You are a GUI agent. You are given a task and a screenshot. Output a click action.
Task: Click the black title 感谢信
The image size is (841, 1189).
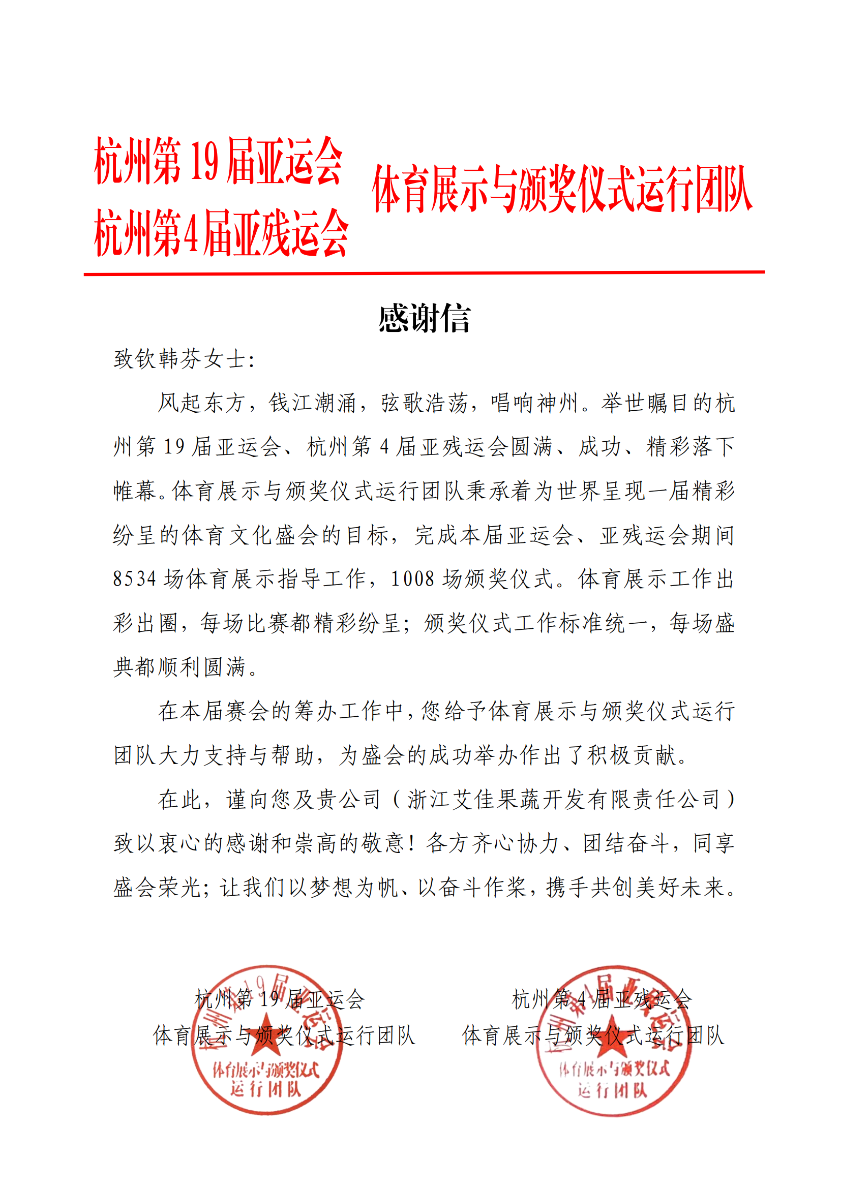(424, 318)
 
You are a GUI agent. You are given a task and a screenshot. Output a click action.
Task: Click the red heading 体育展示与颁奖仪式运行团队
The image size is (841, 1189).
(562, 189)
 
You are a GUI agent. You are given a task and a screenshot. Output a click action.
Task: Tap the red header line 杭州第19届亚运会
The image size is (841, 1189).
(218, 161)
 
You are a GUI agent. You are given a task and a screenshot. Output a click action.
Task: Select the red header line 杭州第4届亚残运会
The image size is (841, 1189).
(221, 233)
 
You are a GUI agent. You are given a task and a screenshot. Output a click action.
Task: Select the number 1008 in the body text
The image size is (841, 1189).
(413, 579)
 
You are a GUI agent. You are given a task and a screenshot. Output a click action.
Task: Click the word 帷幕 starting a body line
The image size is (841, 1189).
(135, 491)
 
